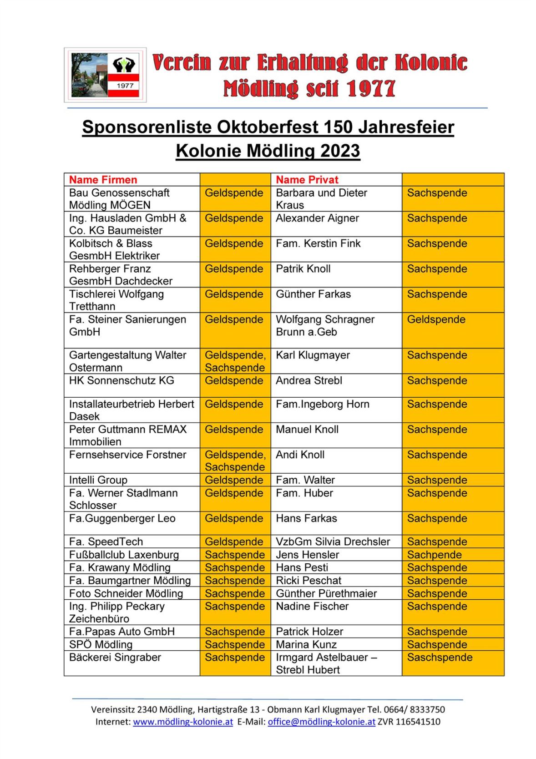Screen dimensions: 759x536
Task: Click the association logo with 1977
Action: (105, 75)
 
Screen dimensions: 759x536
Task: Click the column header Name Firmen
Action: (103, 179)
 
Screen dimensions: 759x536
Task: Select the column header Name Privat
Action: (307, 179)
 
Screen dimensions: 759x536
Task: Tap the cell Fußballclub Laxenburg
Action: (124, 554)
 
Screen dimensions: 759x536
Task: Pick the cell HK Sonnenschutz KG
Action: (121, 380)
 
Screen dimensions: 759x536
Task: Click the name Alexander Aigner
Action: (317, 218)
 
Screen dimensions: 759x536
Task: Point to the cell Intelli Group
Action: (98, 480)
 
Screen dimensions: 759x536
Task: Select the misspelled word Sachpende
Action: (434, 554)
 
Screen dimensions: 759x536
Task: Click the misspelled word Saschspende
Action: (440, 657)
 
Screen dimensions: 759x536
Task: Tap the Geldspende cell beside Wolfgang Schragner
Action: (436, 319)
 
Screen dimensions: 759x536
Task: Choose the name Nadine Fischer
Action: (312, 606)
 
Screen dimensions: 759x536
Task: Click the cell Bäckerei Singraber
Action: (115, 657)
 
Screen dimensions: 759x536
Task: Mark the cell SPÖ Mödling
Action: (101, 644)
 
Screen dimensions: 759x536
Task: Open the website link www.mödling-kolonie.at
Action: (183, 722)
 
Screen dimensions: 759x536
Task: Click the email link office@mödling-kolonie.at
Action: (321, 722)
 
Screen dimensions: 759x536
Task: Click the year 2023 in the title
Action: (340, 151)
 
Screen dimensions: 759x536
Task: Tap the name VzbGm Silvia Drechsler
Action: (333, 541)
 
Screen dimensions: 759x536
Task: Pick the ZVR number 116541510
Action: (418, 722)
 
